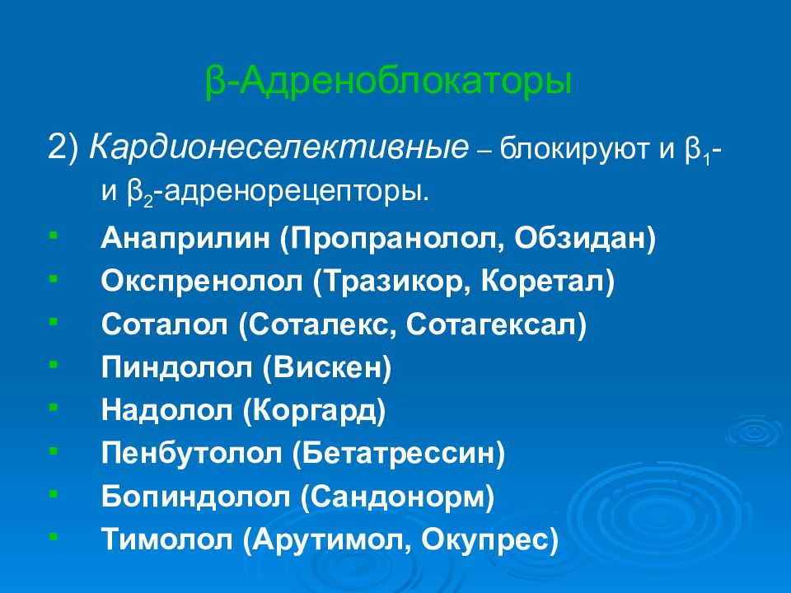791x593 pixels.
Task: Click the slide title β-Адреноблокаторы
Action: (387, 84)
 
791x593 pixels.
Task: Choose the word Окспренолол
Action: (203, 282)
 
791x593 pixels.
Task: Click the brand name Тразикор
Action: (388, 282)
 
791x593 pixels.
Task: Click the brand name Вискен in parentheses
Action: (326, 368)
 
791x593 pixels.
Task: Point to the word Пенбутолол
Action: (194, 454)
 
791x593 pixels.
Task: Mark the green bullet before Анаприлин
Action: (53, 236)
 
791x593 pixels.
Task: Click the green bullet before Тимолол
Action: (53, 537)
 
